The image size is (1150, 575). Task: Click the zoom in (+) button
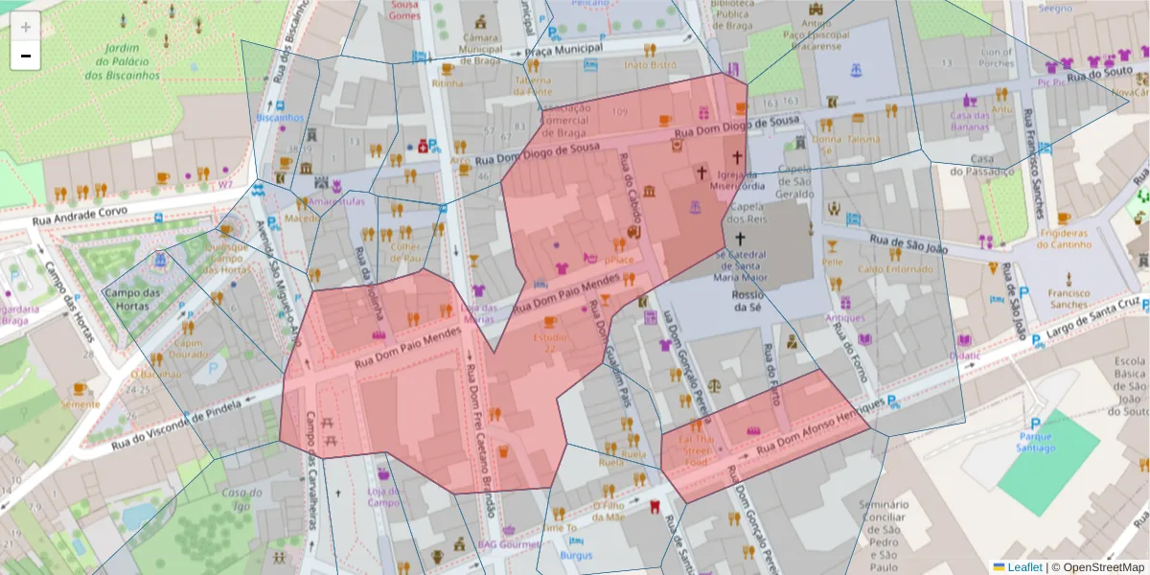tap(26, 27)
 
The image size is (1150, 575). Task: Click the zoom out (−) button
tap(26, 56)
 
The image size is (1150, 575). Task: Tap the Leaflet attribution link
tap(1024, 567)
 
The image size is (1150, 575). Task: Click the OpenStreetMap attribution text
tap(1098, 567)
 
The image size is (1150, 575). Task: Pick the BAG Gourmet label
tap(510, 543)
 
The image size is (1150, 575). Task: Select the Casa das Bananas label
tap(969, 121)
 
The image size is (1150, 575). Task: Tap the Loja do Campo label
tap(383, 496)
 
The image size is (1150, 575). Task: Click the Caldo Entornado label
tap(882, 269)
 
